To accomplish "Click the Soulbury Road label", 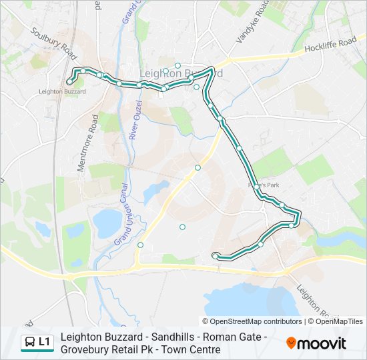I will click(x=53, y=41).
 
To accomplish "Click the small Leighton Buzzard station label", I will click(x=63, y=91).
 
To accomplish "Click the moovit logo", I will click(x=316, y=343).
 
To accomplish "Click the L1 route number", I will click(x=45, y=343).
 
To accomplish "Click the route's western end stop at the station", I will click(x=69, y=82).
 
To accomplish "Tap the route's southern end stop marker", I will click(x=214, y=255).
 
